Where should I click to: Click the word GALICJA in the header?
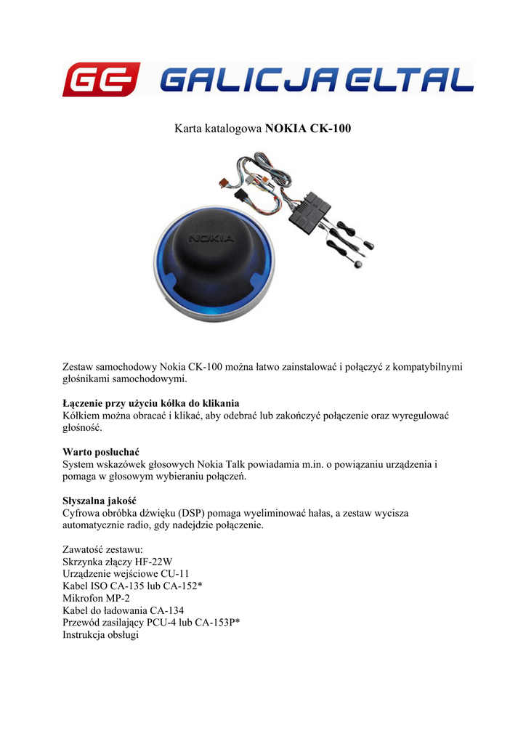point(246,79)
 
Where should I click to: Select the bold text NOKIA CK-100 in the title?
point(308,129)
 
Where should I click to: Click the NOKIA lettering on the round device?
point(211,238)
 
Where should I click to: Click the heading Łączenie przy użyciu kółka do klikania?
point(151,403)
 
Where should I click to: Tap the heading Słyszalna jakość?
point(100,501)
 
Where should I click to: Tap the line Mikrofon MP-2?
point(97,598)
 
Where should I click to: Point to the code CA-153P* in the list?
point(217,623)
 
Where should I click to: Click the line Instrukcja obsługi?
point(101,635)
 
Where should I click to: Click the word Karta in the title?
point(188,129)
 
